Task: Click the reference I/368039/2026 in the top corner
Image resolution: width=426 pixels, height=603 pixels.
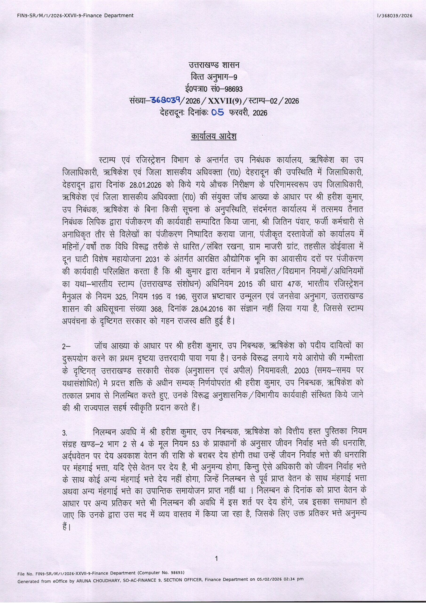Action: point(394,16)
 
